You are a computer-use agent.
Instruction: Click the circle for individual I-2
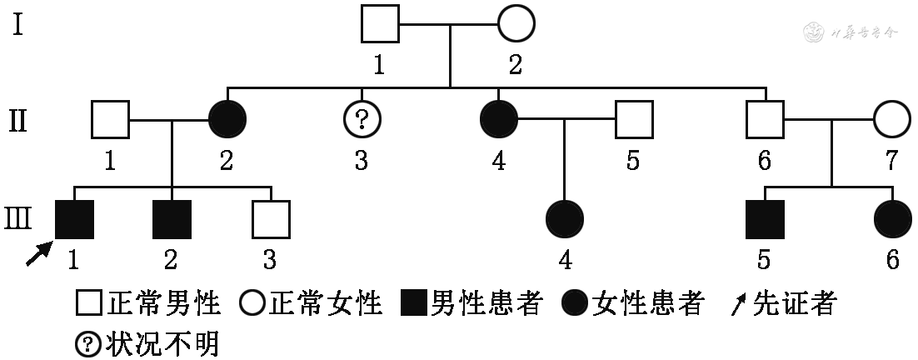(x=516, y=23)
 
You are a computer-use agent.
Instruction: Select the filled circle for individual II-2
(x=226, y=120)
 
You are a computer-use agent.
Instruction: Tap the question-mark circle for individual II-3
(x=362, y=120)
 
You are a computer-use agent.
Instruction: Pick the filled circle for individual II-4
(x=498, y=120)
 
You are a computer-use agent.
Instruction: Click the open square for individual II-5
(x=634, y=120)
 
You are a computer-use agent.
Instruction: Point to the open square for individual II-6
(x=764, y=120)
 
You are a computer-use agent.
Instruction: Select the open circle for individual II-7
(x=892, y=120)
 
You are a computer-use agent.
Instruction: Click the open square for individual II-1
(x=109, y=120)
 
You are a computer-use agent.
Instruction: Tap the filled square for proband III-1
(x=74, y=220)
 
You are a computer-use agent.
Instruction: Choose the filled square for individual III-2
(x=172, y=220)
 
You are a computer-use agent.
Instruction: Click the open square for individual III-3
(x=271, y=220)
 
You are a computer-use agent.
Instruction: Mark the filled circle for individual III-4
(x=565, y=220)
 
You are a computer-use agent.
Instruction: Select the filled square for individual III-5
(x=764, y=220)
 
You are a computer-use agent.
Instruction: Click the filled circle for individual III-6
(x=892, y=220)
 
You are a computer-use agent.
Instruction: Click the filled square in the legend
(x=413, y=305)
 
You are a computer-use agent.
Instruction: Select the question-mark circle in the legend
(x=87, y=342)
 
